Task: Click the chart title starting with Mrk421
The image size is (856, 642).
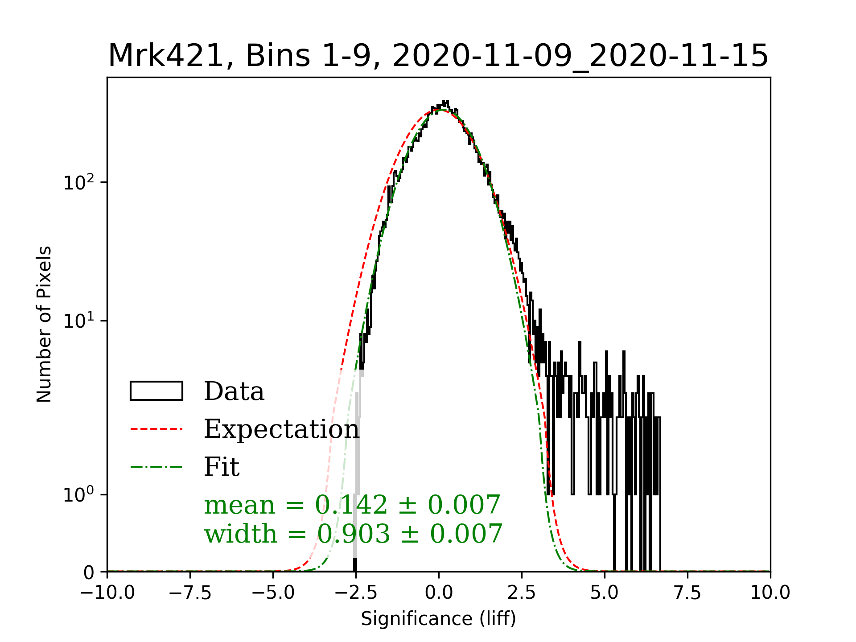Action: [x=438, y=56]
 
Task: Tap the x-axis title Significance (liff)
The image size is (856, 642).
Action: [x=438, y=619]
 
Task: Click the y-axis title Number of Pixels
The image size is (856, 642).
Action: [x=45, y=324]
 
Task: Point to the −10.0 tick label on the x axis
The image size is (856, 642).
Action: [x=107, y=593]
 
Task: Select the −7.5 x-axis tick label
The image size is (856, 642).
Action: [x=190, y=593]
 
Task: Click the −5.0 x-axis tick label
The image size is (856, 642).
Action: [x=273, y=593]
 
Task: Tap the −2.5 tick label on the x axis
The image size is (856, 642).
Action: [x=356, y=593]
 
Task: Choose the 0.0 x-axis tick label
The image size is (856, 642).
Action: [x=439, y=593]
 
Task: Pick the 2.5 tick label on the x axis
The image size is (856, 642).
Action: [x=522, y=593]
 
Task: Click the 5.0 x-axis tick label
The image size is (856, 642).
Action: [x=605, y=593]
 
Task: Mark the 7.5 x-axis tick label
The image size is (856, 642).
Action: [x=687, y=593]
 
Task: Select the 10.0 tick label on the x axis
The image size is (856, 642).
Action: [x=770, y=593]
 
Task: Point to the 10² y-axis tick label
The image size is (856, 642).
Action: [x=79, y=182]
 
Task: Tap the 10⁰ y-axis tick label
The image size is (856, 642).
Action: [x=79, y=494]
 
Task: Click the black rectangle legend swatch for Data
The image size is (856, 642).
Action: [x=156, y=391]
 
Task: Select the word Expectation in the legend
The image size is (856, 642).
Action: [x=281, y=429]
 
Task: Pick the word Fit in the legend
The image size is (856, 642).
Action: [x=222, y=467]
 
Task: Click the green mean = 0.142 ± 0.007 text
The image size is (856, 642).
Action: [x=352, y=505]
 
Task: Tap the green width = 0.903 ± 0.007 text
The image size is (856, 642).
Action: [x=353, y=534]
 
